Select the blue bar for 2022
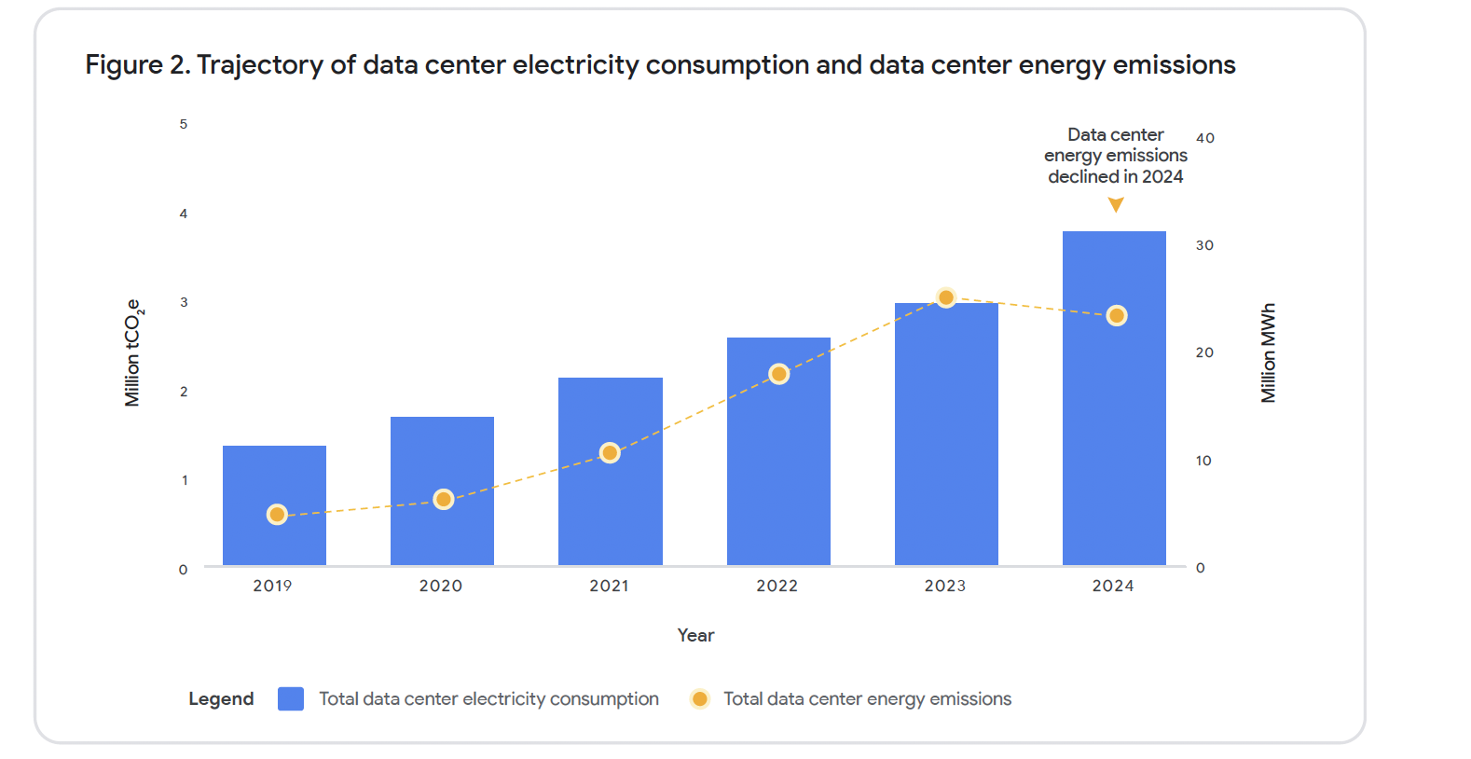(778, 466)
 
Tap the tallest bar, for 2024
(1114, 420)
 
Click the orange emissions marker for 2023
(946, 297)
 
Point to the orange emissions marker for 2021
(610, 452)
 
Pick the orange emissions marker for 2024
(1117, 316)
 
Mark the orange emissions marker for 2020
(444, 500)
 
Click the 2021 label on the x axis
(609, 586)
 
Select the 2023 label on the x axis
(945, 586)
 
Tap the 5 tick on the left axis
(184, 124)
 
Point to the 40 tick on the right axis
(1205, 138)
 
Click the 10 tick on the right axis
(1203, 461)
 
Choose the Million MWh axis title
(1268, 352)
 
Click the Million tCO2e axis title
(133, 352)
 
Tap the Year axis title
(695, 635)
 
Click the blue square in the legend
(291, 698)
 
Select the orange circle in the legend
(699, 698)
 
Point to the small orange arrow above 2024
(1116, 205)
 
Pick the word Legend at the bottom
(221, 698)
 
